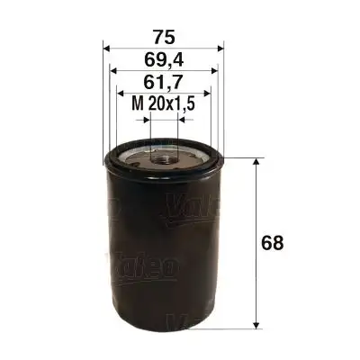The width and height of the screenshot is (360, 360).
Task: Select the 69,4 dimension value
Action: click(161, 60)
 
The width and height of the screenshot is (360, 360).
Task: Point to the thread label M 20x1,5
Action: click(163, 106)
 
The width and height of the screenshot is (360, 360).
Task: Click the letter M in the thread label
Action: click(137, 106)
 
